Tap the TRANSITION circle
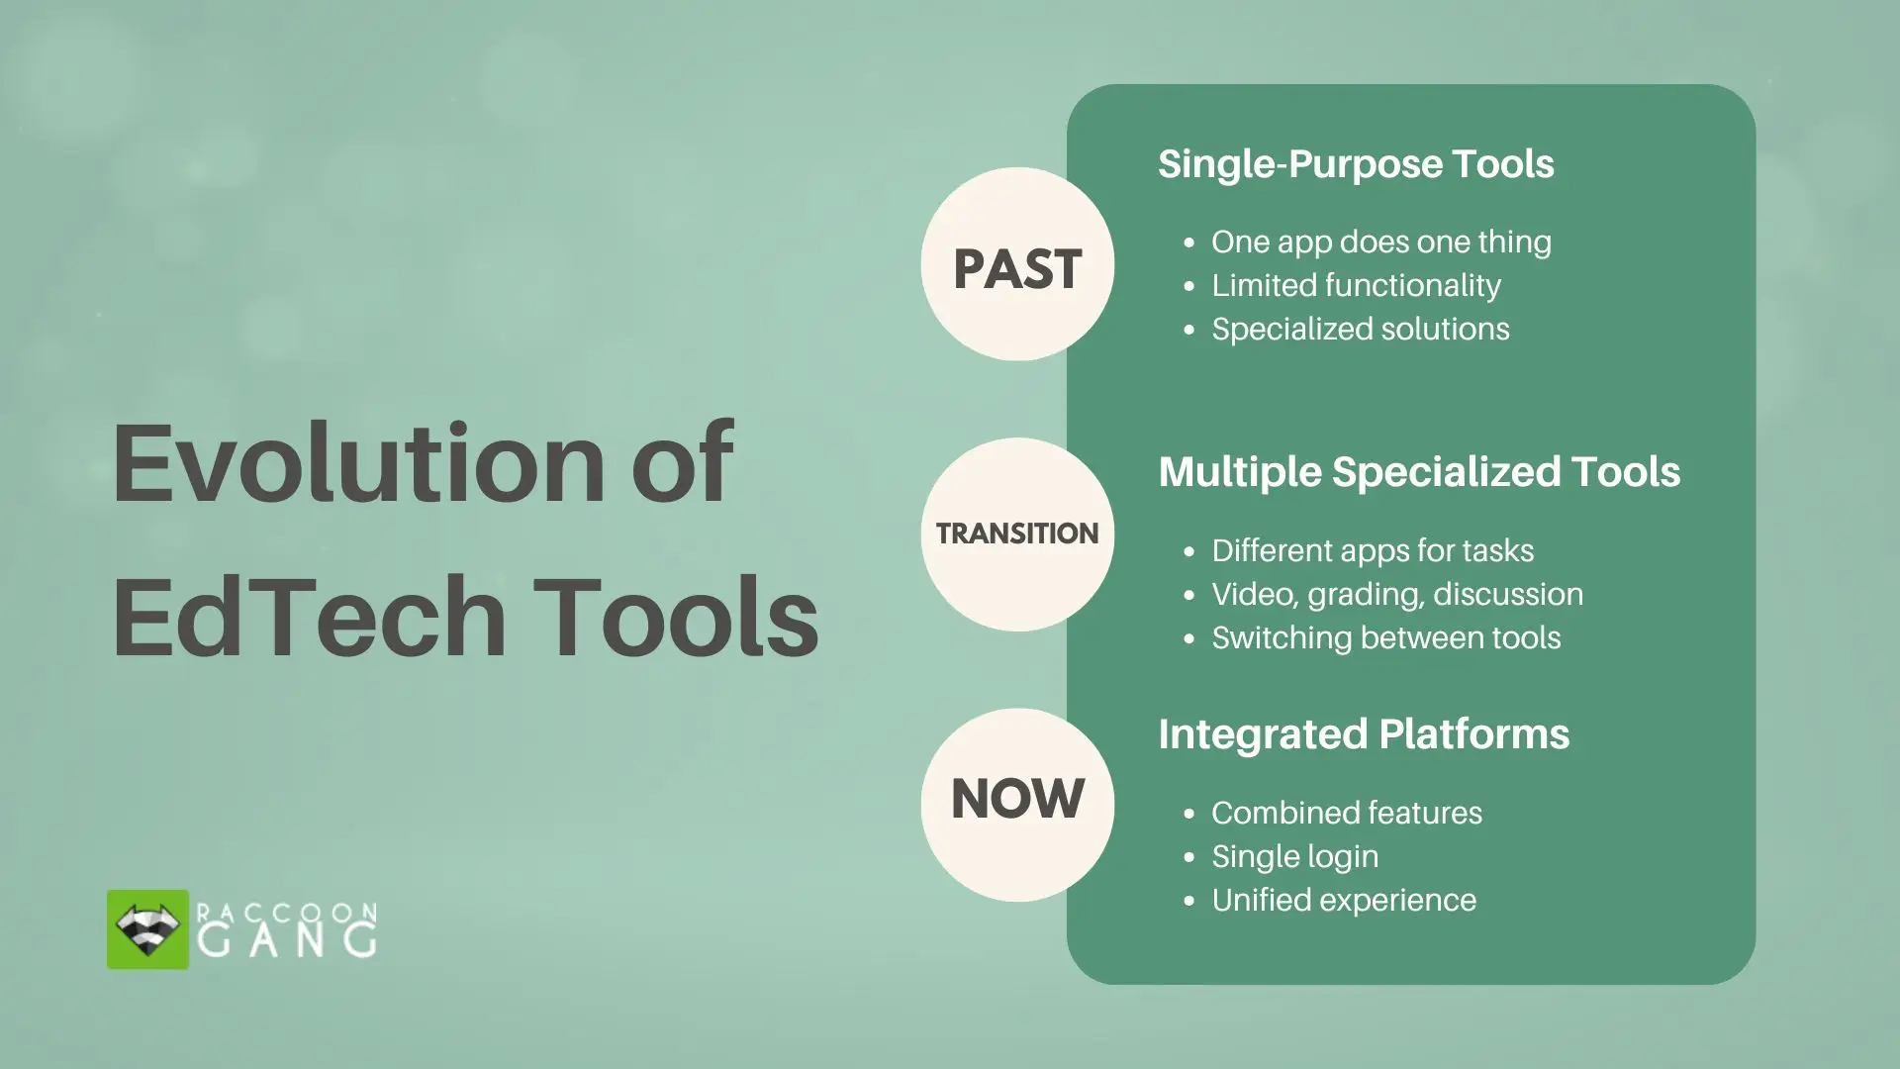pyautogui.click(x=1017, y=534)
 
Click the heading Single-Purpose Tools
pyautogui.click(x=1356, y=164)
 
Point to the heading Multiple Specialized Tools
pyautogui.click(x=1418, y=472)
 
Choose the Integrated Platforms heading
pyautogui.click(x=1363, y=734)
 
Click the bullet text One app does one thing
pyautogui.click(x=1380, y=243)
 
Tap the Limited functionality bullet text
pyautogui.click(x=1356, y=286)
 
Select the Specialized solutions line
pyautogui.click(x=1360, y=330)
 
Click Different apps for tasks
pyautogui.click(x=1372, y=551)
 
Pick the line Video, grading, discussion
pyautogui.click(x=1396, y=595)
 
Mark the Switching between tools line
pyautogui.click(x=1385, y=638)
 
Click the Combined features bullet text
pyautogui.click(x=1346, y=814)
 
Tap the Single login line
pyautogui.click(x=1294, y=857)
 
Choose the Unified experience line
pyautogui.click(x=1343, y=901)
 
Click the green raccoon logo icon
pyautogui.click(x=147, y=929)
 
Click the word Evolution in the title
pyautogui.click(x=358, y=463)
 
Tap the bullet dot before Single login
pyautogui.click(x=1189, y=858)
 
